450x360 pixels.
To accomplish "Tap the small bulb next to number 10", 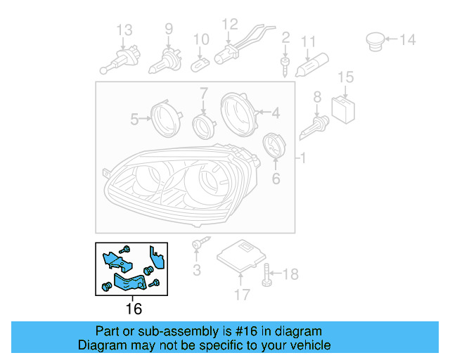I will pyautogui.click(x=201, y=63).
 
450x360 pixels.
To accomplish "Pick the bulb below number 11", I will pyautogui.click(x=311, y=67).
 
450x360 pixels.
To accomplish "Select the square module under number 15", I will pyautogui.click(x=345, y=106).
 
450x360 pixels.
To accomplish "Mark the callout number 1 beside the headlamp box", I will pyautogui.click(x=303, y=160).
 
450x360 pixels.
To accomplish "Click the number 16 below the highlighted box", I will pyautogui.click(x=133, y=309).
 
